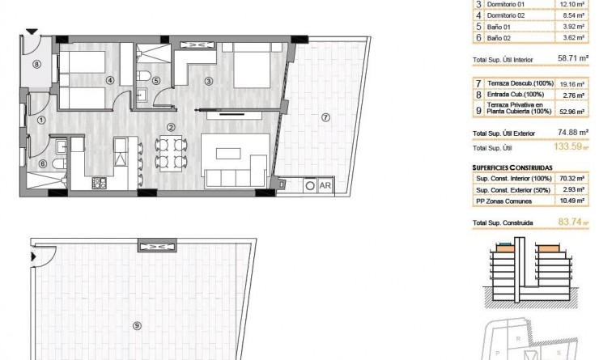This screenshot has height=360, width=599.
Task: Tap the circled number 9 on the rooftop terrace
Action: (137, 325)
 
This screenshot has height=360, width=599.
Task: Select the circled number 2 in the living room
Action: (170, 127)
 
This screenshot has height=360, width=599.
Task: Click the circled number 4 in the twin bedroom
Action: (109, 79)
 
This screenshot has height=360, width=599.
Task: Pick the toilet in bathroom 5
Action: (144, 76)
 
